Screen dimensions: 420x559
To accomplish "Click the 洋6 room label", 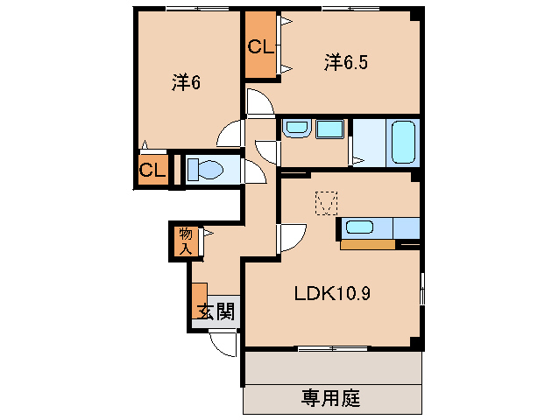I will pyautogui.click(x=187, y=82).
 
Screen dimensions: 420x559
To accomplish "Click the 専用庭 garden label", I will pyautogui.click(x=331, y=399).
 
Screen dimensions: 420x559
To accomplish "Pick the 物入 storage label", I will pyautogui.click(x=186, y=241).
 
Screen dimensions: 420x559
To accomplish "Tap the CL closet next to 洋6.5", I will pyautogui.click(x=260, y=47).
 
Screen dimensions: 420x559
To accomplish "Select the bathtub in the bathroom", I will pyautogui.click(x=404, y=141).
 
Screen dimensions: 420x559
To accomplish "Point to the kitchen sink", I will pyautogui.click(x=358, y=227).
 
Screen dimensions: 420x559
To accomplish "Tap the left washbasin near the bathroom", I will pyautogui.click(x=295, y=129).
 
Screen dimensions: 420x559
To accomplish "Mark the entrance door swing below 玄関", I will pyautogui.click(x=227, y=344).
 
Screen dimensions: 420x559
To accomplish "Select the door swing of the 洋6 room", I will pyautogui.click(x=230, y=134).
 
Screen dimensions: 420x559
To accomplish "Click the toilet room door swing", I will pyautogui.click(x=255, y=171).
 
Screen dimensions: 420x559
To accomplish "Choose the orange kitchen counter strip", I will pyautogui.click(x=367, y=244).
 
